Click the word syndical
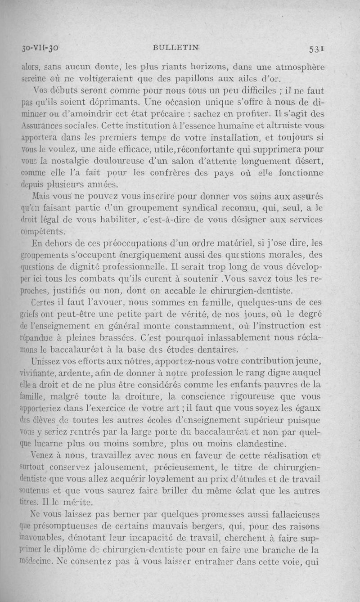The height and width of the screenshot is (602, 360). [222, 209]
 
